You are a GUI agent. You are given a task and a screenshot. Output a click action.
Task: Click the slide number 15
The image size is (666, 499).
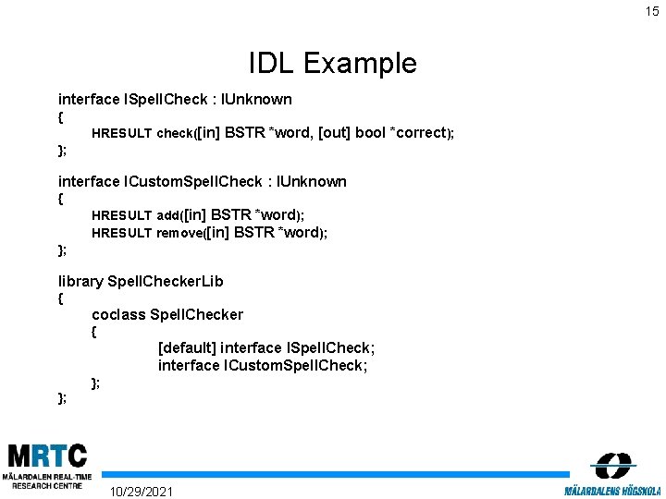pyautogui.click(x=653, y=12)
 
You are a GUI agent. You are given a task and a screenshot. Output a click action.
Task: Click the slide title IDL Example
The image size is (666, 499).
pyautogui.click(x=333, y=63)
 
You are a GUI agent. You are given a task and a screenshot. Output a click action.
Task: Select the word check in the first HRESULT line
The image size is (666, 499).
pyautogui.click(x=173, y=133)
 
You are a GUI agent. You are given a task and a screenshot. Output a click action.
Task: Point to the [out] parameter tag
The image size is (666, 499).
pyautogui.click(x=334, y=132)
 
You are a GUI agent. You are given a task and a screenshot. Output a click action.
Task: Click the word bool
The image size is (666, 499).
pyautogui.click(x=370, y=132)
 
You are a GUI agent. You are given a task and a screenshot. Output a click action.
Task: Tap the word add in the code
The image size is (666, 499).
pyautogui.click(x=168, y=215)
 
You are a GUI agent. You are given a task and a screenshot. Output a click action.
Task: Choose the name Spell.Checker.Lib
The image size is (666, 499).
pyautogui.click(x=166, y=281)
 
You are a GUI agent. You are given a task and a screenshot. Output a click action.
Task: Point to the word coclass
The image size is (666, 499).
pyautogui.click(x=118, y=314)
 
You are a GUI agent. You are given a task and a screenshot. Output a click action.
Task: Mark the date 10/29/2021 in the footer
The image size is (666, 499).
pyautogui.click(x=141, y=490)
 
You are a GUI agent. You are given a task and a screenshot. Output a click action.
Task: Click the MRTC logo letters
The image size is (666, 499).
pyautogui.click(x=47, y=456)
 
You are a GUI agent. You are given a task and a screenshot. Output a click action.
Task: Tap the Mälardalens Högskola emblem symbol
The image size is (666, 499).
pyautogui.click(x=611, y=465)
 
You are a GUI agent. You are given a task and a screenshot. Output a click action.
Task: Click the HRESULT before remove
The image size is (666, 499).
pyautogui.click(x=121, y=233)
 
